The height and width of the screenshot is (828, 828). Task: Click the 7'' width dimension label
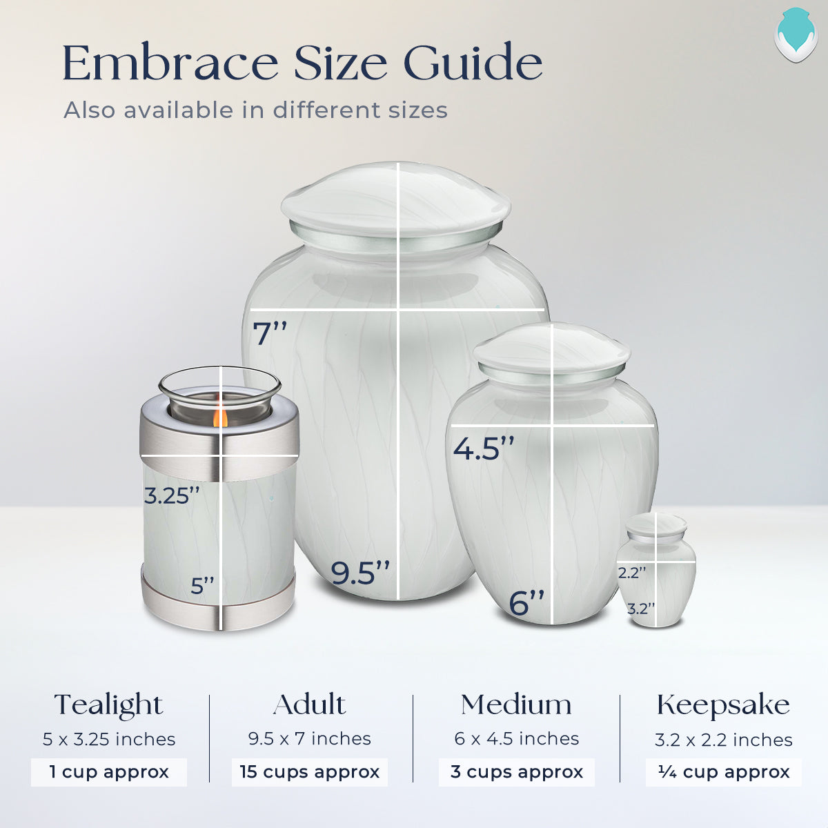click(270, 334)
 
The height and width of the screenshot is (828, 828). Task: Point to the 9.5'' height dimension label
click(360, 573)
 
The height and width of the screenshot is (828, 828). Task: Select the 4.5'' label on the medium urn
click(484, 448)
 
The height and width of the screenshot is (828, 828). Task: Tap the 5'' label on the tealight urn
click(203, 586)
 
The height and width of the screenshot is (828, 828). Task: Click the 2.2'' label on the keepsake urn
click(632, 573)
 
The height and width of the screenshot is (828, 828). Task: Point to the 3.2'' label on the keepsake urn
click(641, 609)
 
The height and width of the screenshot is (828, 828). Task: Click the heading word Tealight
click(109, 705)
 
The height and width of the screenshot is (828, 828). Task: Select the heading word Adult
click(309, 704)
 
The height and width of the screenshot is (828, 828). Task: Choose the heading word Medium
click(516, 705)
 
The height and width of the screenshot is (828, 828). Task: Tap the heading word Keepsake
click(723, 705)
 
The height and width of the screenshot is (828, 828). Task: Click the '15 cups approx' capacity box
click(310, 771)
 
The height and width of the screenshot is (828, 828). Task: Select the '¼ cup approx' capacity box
click(724, 771)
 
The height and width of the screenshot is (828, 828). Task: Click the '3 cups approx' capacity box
click(517, 771)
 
